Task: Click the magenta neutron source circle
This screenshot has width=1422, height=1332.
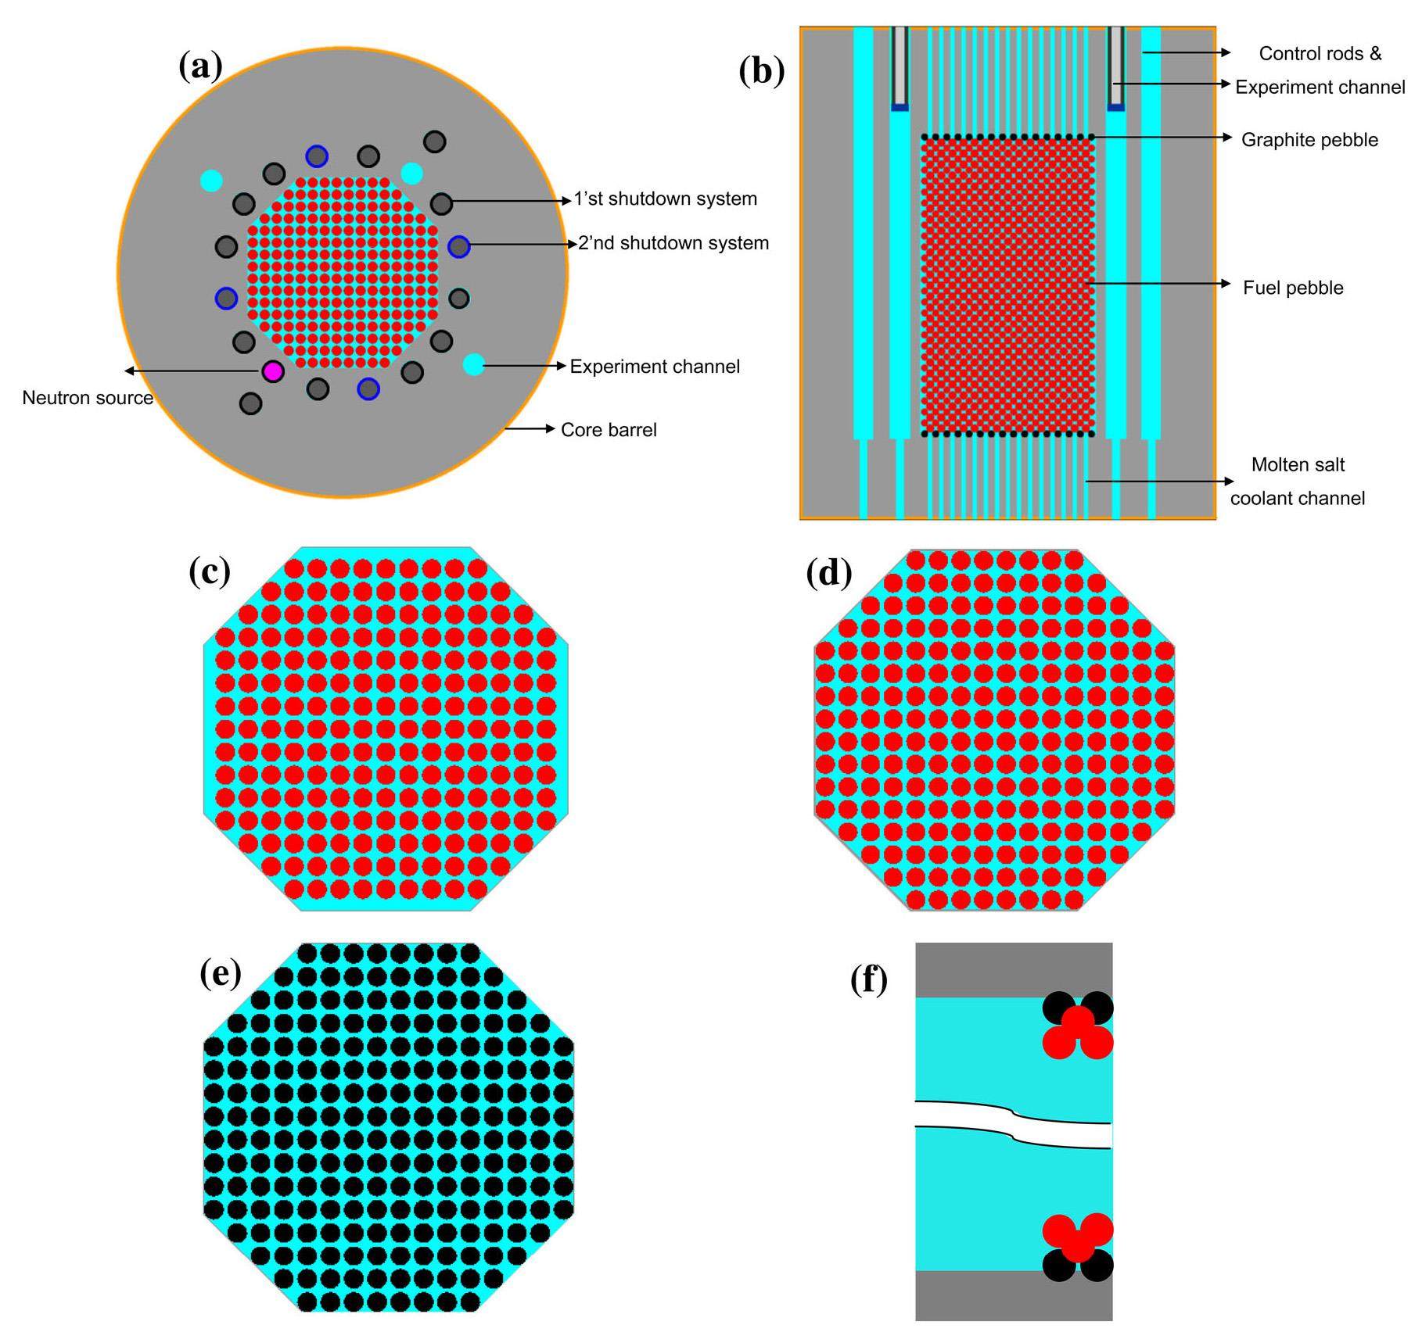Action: point(272,371)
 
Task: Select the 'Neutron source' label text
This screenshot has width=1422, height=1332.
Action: point(88,398)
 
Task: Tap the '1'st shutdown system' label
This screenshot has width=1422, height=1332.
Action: point(665,199)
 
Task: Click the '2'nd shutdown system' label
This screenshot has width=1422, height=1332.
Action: point(673,243)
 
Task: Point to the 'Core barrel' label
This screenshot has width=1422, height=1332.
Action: point(609,430)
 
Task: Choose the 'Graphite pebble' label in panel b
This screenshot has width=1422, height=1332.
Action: point(1309,140)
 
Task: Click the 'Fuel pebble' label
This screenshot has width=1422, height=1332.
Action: point(1293,288)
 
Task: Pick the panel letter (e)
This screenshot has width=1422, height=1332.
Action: point(221,974)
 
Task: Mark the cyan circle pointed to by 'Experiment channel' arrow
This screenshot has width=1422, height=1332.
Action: point(473,364)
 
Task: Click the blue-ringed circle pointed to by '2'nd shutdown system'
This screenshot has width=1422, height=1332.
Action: point(458,247)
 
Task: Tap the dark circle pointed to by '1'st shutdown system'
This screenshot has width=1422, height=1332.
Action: point(442,204)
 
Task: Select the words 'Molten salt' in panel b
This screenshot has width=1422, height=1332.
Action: point(1298,465)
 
